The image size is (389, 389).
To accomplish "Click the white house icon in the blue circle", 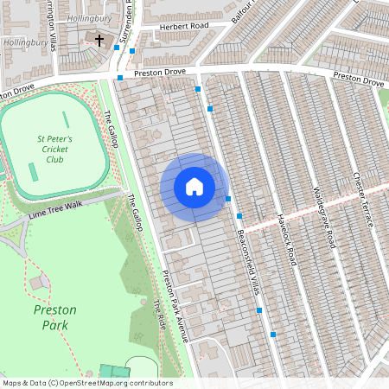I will tap(194, 187).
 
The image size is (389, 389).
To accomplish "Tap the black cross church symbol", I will tap(99, 41).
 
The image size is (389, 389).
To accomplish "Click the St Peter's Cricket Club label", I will tap(54, 148).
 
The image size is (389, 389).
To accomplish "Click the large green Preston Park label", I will tap(54, 316).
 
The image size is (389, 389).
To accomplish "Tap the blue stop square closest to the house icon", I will tap(228, 200).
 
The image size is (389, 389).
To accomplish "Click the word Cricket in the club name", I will tap(54, 148).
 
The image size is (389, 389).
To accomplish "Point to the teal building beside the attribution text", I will tap(108, 372).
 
